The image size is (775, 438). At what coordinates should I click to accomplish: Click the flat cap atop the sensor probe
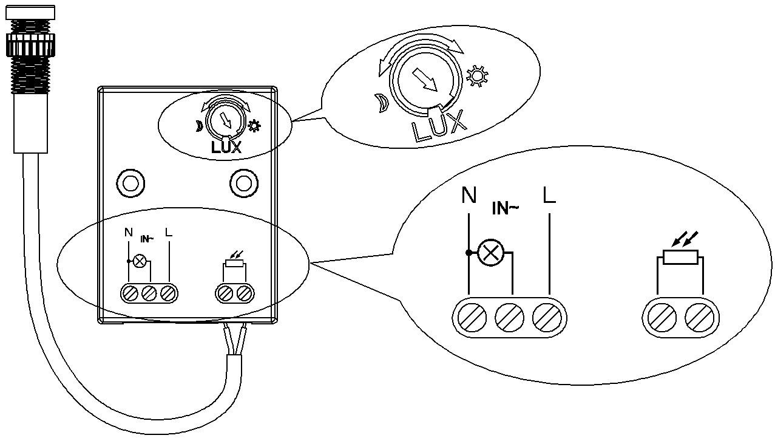(30, 12)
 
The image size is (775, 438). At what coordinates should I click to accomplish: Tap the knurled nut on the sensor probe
(30, 45)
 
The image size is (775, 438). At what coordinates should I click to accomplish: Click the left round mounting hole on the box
(130, 183)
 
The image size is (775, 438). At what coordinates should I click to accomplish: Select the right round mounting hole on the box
(244, 183)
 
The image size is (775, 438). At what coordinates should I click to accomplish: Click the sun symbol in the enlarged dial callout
(478, 76)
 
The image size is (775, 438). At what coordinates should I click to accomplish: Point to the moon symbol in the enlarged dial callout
(382, 103)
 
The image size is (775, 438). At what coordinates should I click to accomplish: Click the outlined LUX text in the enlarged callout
(439, 127)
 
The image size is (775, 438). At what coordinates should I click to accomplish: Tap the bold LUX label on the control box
(226, 148)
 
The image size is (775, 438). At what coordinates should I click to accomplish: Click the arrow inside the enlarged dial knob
(425, 80)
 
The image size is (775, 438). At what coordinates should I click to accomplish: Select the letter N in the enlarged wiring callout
(469, 195)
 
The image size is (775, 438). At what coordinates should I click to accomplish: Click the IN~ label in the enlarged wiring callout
(505, 208)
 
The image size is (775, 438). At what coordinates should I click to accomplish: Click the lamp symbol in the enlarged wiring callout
(490, 253)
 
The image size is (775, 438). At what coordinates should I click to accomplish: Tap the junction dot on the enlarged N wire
(469, 253)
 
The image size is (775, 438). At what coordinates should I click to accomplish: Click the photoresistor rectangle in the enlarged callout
(680, 257)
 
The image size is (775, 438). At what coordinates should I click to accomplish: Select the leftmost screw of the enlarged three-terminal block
(472, 318)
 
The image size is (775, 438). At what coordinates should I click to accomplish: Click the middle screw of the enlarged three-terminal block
(509, 318)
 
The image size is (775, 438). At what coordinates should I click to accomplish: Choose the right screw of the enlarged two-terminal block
(699, 318)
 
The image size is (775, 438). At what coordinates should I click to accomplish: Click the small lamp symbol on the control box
(140, 261)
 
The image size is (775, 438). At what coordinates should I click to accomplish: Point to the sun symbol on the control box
(254, 126)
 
